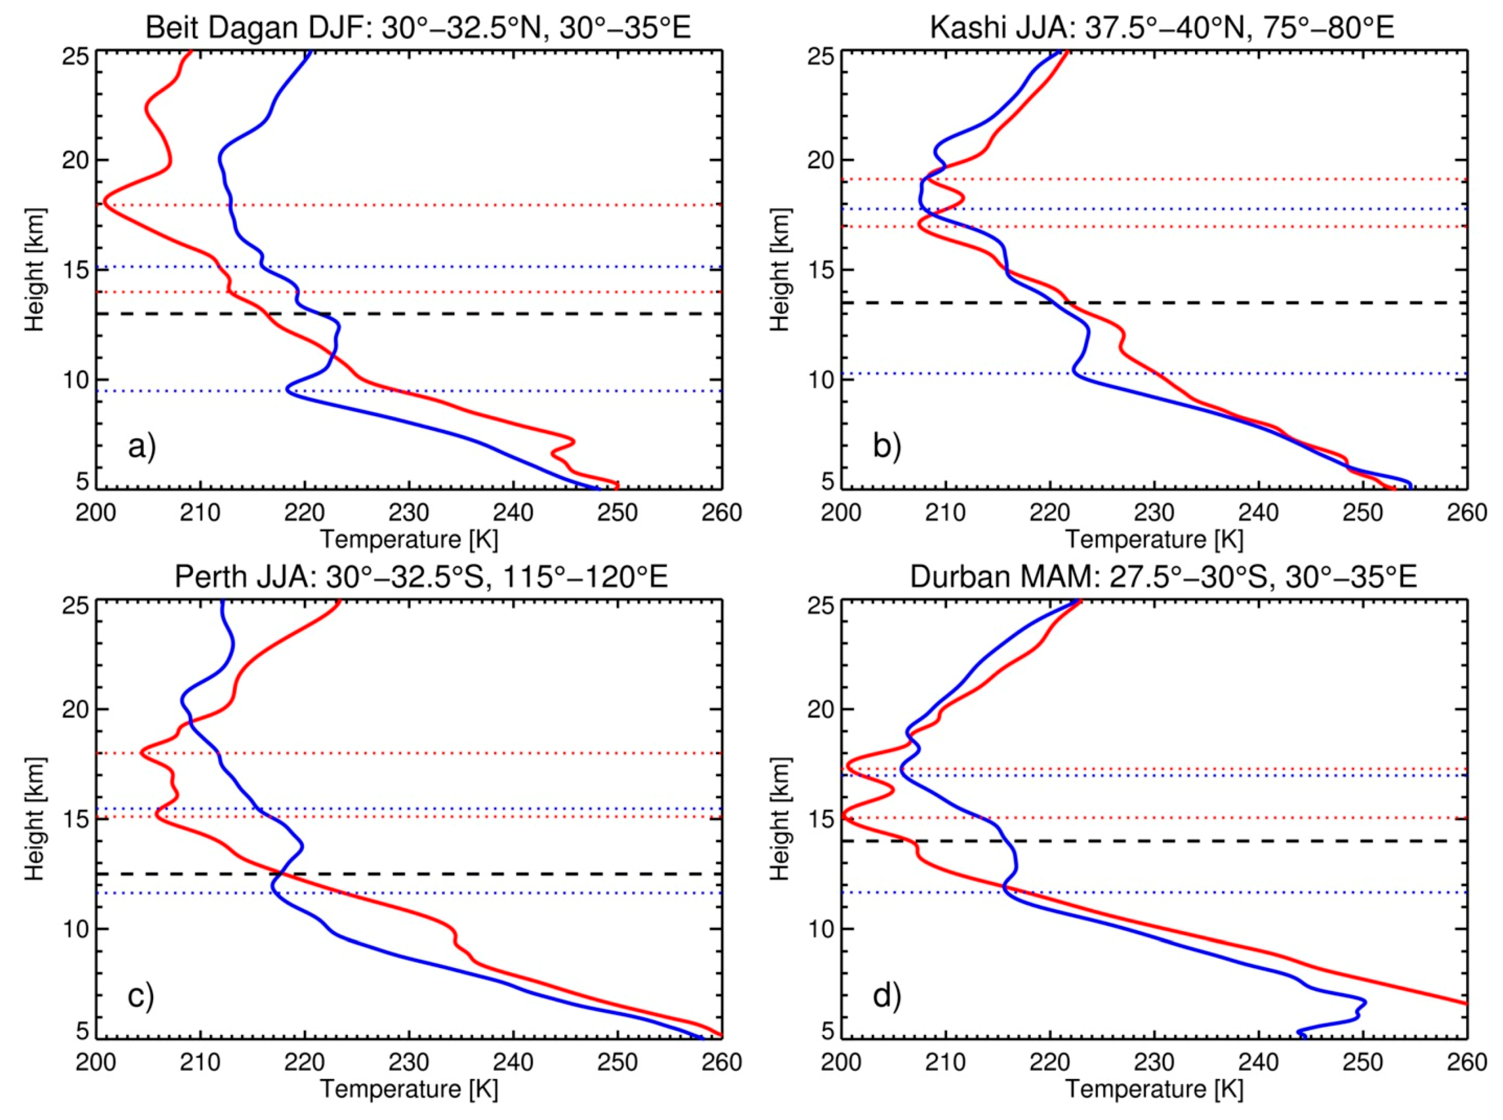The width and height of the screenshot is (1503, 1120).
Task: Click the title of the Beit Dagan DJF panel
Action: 418,29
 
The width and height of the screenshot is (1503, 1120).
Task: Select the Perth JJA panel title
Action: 421,577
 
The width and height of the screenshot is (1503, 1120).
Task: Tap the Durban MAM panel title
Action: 1163,577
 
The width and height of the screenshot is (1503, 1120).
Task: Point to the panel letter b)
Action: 886,447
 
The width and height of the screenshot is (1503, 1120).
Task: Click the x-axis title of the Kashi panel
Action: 1154,539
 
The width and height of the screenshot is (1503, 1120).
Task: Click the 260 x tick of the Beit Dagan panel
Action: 721,513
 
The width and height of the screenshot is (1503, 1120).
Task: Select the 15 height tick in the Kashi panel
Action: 821,270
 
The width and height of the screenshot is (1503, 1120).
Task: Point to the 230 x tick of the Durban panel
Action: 1154,1062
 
